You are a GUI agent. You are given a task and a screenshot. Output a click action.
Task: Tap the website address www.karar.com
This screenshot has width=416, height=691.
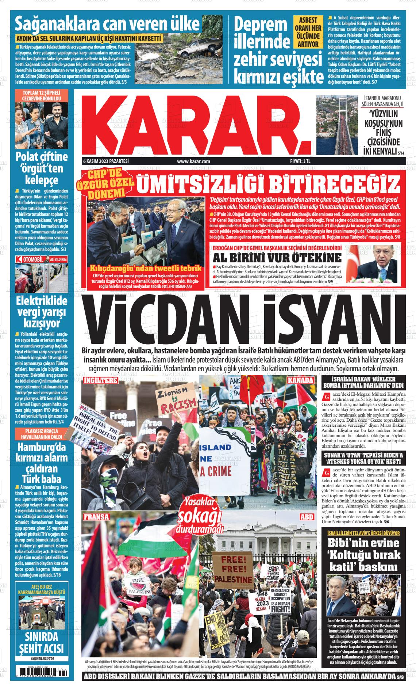(x=193, y=161)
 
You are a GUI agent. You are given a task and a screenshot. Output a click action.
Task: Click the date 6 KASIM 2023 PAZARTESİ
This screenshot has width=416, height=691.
(x=106, y=161)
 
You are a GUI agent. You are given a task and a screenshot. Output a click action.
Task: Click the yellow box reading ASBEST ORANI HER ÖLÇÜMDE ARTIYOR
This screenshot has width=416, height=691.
(x=308, y=32)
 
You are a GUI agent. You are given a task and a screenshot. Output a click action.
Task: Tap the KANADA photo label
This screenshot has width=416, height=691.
(x=300, y=380)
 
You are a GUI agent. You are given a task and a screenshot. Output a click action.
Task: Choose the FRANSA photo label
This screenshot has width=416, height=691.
(x=96, y=517)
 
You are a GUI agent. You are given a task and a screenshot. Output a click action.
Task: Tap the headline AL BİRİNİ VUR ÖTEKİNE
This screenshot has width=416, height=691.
(x=278, y=257)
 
